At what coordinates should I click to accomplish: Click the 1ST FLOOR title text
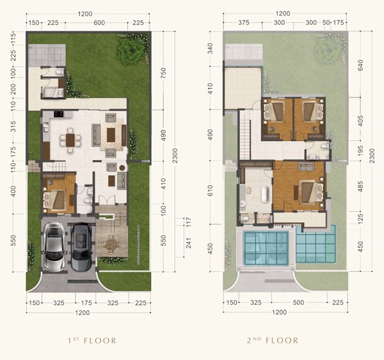[x=92, y=340]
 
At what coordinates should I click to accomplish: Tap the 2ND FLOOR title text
[x=273, y=340]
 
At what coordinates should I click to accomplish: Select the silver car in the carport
[x=54, y=247]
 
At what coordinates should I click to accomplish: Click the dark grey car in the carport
[x=81, y=247]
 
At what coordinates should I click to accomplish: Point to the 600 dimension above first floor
[x=99, y=23]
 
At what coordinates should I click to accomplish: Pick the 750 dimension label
[x=163, y=73]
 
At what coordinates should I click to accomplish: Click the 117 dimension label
[x=188, y=222]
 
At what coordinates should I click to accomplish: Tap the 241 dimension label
[x=188, y=243]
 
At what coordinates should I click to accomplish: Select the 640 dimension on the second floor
[x=360, y=65]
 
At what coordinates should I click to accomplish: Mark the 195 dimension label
[x=360, y=151]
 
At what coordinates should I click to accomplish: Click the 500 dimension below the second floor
[x=298, y=302]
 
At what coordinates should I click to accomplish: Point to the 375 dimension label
[x=244, y=22]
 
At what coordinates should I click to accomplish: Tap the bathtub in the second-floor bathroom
[x=266, y=195]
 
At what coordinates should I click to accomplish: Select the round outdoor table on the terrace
[x=111, y=244]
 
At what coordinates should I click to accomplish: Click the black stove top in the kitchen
[x=58, y=114]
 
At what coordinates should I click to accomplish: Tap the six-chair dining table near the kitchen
[x=70, y=140]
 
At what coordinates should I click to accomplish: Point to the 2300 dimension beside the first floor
[x=175, y=156]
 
